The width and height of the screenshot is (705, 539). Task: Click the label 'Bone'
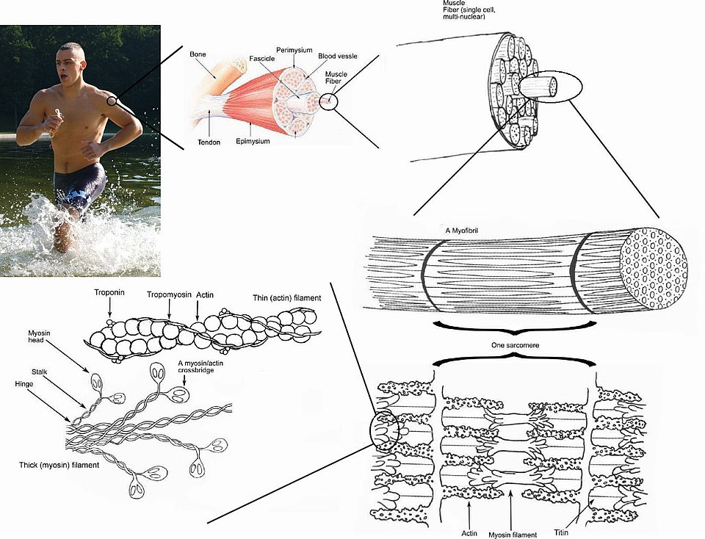198,54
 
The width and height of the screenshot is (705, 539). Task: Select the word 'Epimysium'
253,140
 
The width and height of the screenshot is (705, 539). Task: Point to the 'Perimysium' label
294,50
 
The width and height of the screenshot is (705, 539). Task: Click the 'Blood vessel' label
339,56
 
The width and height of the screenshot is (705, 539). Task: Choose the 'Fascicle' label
261,57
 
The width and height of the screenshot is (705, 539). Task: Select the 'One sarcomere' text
514,344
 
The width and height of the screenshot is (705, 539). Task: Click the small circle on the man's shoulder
111,101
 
